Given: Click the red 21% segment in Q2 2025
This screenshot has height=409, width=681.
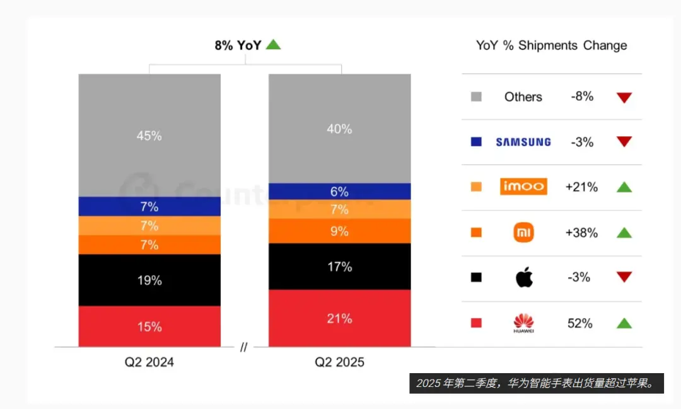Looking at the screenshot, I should coord(339,318).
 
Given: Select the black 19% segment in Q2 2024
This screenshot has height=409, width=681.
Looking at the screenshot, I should coord(149,280).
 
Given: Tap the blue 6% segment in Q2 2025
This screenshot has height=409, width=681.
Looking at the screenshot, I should coord(339,192).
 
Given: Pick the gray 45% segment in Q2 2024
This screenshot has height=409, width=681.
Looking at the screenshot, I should coord(149,135).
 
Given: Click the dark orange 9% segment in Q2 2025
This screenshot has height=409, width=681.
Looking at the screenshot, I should coord(339,231).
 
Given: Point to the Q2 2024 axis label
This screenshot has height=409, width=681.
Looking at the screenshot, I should coord(149,362).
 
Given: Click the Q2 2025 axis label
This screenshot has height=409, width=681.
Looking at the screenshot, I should coord(339,362).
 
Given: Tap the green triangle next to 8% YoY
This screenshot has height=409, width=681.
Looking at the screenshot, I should coord(273,45).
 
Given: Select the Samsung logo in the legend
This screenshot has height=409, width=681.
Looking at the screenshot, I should coord(523,142).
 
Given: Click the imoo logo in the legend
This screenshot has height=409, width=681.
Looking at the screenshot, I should coord(523,187).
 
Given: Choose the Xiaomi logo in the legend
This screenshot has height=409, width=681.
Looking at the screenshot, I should coord(523,233).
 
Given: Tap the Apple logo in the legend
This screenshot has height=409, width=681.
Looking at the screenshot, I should coord(524,277).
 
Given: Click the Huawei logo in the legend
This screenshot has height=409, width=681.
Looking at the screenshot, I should coord(523,323).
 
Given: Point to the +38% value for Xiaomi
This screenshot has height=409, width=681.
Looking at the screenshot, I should coord(581,233).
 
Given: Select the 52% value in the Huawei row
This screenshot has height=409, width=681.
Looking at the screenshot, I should coord(580,323).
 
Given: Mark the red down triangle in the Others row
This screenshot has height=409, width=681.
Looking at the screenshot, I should coord(624,98).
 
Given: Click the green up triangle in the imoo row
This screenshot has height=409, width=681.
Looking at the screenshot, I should coord(624,187).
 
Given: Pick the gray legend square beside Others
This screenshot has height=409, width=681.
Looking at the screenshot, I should coord(477,97).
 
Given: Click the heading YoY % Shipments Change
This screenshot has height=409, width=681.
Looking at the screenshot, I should coord(551,45).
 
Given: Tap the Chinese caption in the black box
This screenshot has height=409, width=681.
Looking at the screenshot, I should coord(536,383).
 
